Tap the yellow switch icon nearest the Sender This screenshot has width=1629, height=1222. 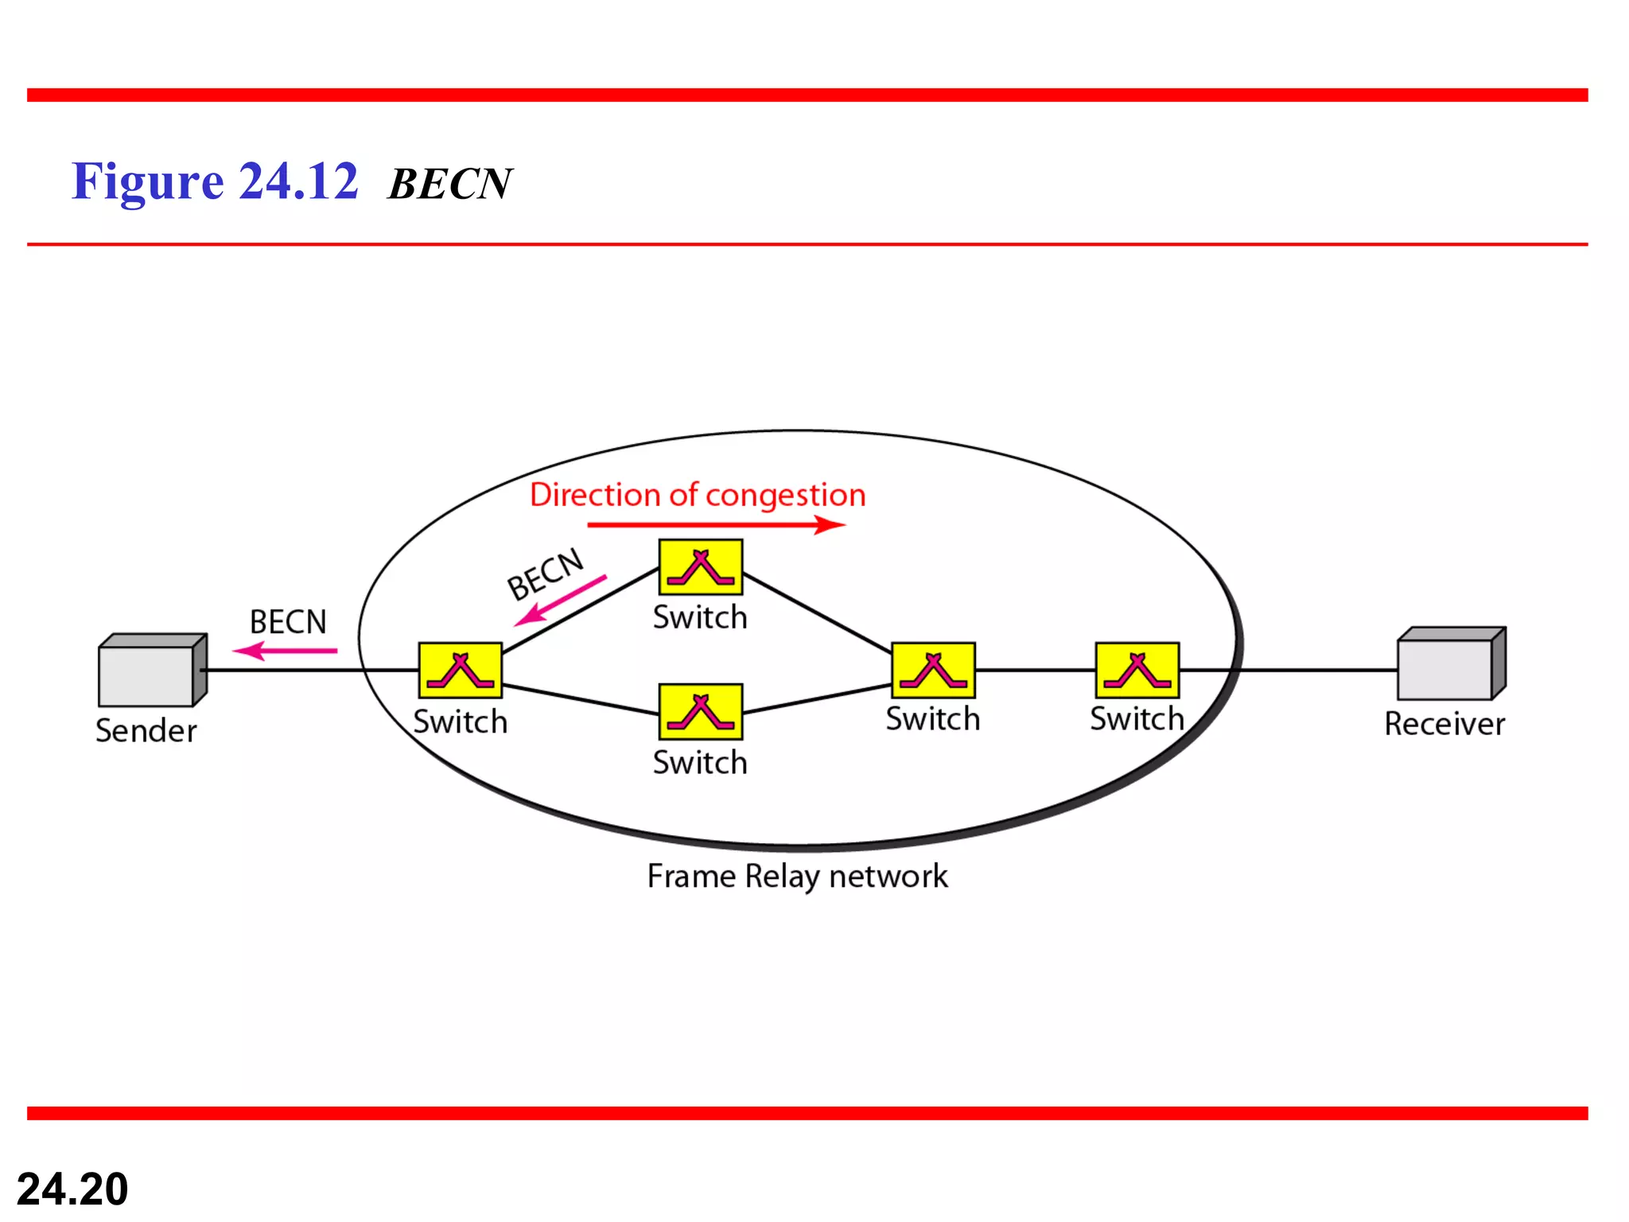tap(460, 671)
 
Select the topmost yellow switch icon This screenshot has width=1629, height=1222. tap(700, 567)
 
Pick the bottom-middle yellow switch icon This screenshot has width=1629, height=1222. tap(700, 712)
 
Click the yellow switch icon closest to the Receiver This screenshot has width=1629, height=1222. tap(1137, 671)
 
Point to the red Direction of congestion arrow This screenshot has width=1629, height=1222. tap(716, 525)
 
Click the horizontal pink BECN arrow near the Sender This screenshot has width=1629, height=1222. tap(285, 652)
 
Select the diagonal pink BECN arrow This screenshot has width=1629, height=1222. tap(560, 600)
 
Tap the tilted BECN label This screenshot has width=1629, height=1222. tap(546, 574)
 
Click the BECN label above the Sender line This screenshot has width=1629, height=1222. tap(288, 622)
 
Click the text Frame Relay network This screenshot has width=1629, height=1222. tap(797, 877)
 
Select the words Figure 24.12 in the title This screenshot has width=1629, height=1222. tap(215, 181)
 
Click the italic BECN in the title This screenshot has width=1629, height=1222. tap(449, 185)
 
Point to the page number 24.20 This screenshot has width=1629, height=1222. tap(72, 1189)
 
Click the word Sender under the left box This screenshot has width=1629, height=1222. tap(146, 730)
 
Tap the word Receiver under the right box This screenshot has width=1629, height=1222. tap(1444, 724)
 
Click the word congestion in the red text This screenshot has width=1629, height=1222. tap(785, 496)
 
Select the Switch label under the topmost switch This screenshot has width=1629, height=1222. tap(700, 618)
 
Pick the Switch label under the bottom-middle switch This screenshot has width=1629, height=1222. tap(700, 763)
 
